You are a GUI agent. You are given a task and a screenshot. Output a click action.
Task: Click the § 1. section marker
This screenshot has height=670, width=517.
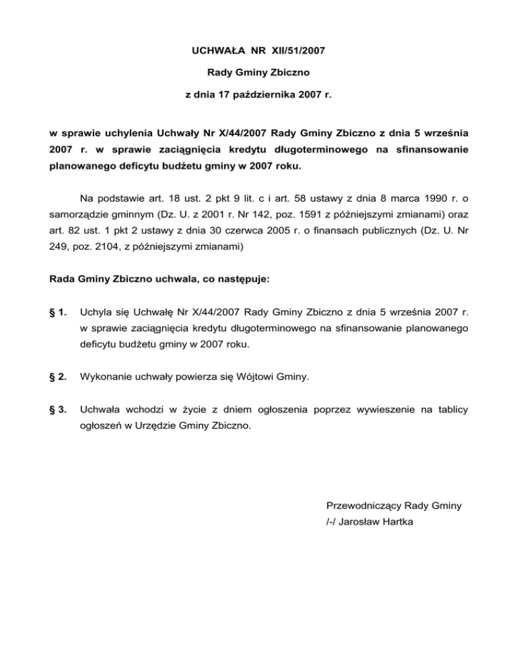[59, 312]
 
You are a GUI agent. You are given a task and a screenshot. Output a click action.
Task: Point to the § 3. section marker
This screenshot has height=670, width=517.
[59, 409]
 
